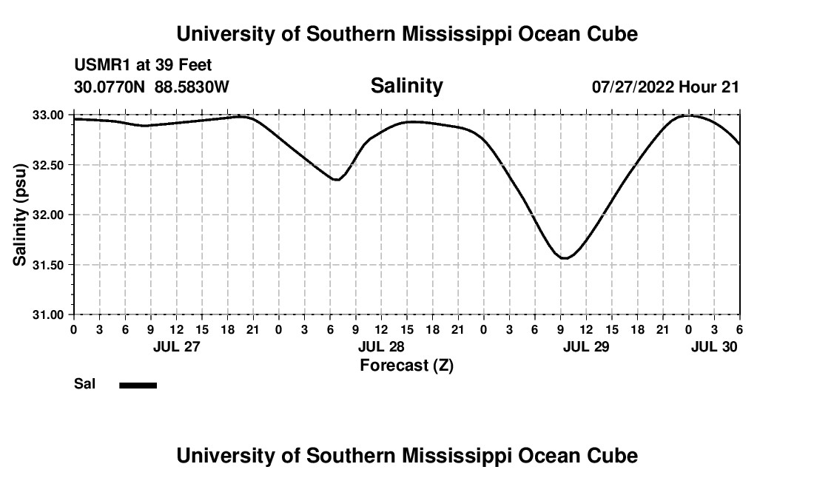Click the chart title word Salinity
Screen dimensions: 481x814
406,86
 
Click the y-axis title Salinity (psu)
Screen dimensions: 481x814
20,215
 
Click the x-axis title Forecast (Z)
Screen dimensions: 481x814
406,365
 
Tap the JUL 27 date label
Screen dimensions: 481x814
176,346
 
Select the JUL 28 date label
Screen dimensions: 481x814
381,346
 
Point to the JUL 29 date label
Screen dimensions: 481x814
586,346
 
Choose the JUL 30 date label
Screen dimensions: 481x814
714,346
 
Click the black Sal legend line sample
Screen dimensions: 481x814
138,385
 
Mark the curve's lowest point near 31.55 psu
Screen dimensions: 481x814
565,258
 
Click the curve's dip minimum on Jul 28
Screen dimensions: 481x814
337,180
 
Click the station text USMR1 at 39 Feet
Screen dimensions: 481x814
143,66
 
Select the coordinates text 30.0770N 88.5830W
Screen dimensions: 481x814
152,87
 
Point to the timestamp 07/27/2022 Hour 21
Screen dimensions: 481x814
665,87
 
